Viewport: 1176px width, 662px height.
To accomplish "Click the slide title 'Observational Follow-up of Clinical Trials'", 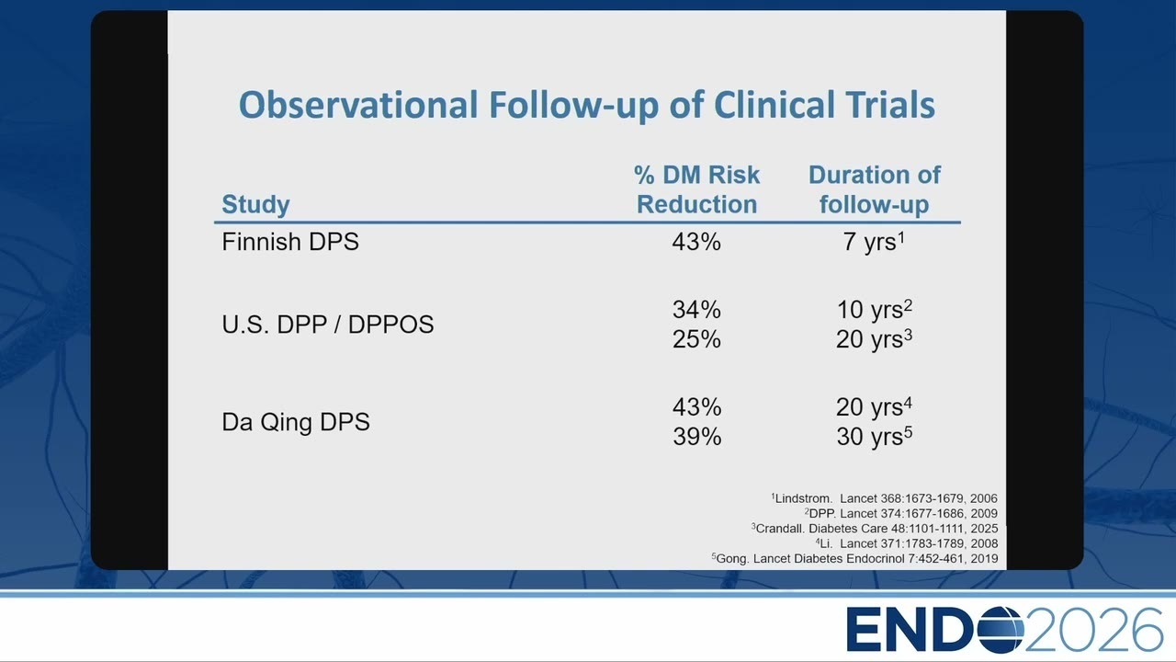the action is [587, 106].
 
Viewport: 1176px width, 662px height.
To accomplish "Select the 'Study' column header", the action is [255, 204].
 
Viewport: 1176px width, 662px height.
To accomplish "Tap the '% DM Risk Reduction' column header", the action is [696, 189].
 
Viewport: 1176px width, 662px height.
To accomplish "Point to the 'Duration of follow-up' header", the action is [874, 189].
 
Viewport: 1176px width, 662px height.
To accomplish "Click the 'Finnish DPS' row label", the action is [290, 242].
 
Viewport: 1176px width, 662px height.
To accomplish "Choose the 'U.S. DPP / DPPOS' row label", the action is [328, 325].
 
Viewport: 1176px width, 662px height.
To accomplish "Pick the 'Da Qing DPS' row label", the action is [296, 422].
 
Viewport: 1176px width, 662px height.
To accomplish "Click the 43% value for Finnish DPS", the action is [696, 242].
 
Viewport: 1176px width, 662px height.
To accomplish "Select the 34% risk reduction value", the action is [696, 310].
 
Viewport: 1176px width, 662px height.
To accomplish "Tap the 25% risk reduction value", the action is [696, 339].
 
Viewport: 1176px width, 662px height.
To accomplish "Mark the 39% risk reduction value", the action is [697, 437].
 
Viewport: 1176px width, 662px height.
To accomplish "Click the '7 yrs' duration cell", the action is [874, 242].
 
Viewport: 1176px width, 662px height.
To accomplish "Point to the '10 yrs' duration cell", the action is [874, 310].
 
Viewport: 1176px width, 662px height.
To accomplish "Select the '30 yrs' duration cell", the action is [874, 437].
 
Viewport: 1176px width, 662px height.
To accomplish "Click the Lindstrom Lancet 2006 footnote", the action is [884, 498].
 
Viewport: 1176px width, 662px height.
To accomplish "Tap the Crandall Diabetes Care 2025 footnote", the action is [874, 528].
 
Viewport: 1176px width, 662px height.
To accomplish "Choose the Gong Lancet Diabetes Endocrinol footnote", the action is [854, 558].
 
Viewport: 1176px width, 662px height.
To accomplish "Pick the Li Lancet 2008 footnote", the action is [907, 543].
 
